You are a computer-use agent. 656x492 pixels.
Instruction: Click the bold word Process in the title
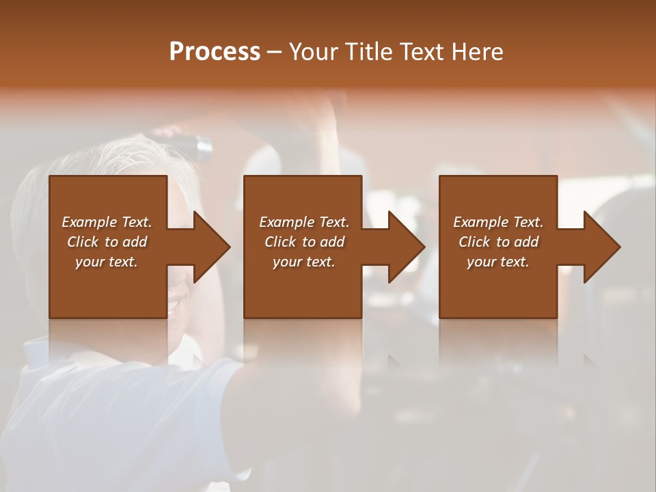(215, 51)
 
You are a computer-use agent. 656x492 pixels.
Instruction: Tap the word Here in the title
(478, 51)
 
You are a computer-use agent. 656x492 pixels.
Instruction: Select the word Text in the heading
(424, 51)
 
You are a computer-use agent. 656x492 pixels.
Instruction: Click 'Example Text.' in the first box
(107, 222)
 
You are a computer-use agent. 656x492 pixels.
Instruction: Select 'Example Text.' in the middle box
(304, 222)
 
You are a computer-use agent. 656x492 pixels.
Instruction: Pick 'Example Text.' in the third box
(498, 222)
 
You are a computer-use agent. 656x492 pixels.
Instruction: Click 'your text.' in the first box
(107, 262)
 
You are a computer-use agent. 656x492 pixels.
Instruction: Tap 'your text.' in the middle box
(304, 262)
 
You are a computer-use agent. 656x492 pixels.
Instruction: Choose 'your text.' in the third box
(498, 262)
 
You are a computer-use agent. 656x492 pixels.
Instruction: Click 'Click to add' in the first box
(107, 242)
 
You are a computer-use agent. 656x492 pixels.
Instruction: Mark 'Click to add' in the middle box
(304, 242)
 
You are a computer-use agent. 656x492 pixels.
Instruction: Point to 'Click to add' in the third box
(498, 242)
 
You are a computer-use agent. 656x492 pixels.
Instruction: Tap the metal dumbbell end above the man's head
(203, 146)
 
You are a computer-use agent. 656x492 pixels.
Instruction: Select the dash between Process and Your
(275, 53)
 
